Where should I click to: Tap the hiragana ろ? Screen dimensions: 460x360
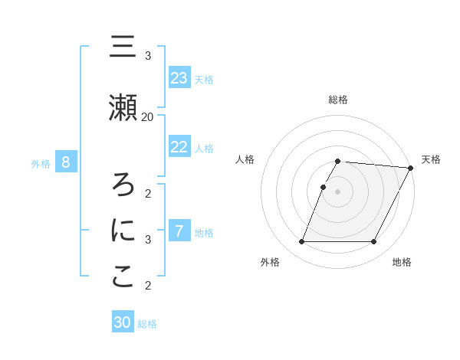click(x=123, y=184)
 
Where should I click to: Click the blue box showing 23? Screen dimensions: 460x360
click(x=179, y=78)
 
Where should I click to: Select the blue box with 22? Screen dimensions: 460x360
click(x=179, y=147)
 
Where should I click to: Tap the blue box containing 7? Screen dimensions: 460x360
click(x=179, y=231)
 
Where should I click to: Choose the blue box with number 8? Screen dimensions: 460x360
click(x=66, y=162)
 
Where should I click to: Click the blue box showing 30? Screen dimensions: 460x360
click(x=123, y=322)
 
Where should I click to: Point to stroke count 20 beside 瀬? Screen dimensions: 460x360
click(x=147, y=116)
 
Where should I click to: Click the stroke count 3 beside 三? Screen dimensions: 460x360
click(x=148, y=56)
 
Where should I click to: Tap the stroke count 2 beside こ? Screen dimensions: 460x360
click(x=148, y=286)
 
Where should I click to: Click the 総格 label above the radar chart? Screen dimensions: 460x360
click(x=338, y=100)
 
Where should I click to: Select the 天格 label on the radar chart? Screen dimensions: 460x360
click(x=431, y=159)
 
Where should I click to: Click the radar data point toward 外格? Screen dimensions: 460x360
click(x=301, y=242)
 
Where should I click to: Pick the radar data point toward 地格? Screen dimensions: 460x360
click(x=374, y=242)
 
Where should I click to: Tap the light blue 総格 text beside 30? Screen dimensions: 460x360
click(x=147, y=324)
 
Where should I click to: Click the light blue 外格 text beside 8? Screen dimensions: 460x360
click(x=41, y=163)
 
